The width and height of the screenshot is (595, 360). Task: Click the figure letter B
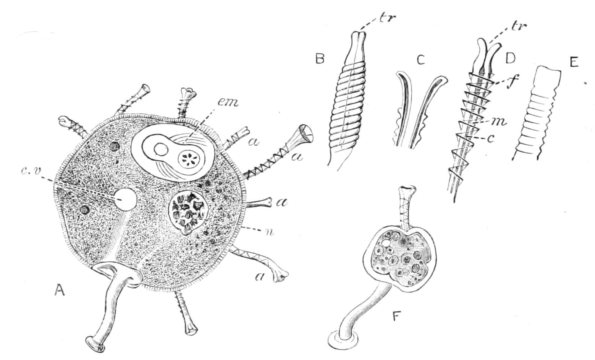(320, 58)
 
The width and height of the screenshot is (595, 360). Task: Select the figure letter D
(510, 59)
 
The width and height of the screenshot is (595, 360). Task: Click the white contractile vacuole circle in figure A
(125, 199)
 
